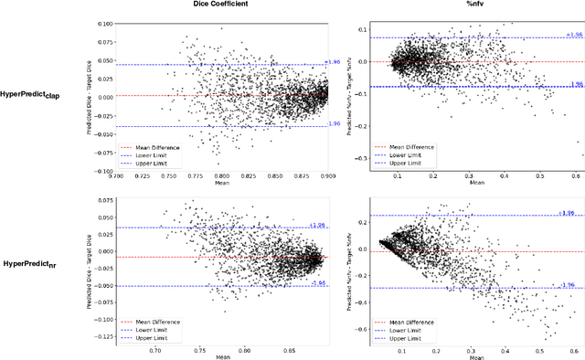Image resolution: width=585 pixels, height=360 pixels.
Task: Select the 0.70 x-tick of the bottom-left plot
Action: (x=157, y=349)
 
